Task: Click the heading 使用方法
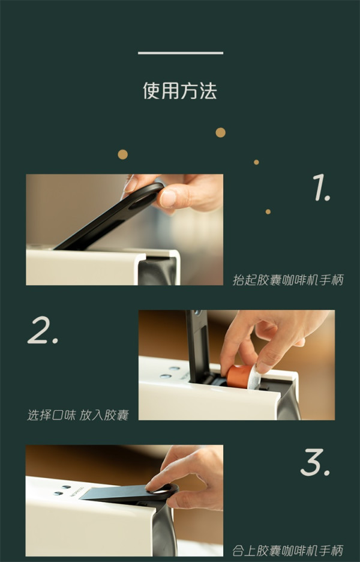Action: point(180,91)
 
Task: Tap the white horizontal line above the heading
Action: point(181,53)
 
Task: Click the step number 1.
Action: point(321,187)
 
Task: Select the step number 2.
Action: point(43,330)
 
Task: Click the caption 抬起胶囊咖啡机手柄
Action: point(288,280)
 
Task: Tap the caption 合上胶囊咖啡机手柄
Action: point(287,550)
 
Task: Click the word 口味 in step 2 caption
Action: point(64,415)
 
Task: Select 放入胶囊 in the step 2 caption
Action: point(104,415)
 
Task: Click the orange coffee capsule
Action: point(238,376)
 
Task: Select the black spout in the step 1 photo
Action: point(158,271)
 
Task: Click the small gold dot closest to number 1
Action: point(268,212)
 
